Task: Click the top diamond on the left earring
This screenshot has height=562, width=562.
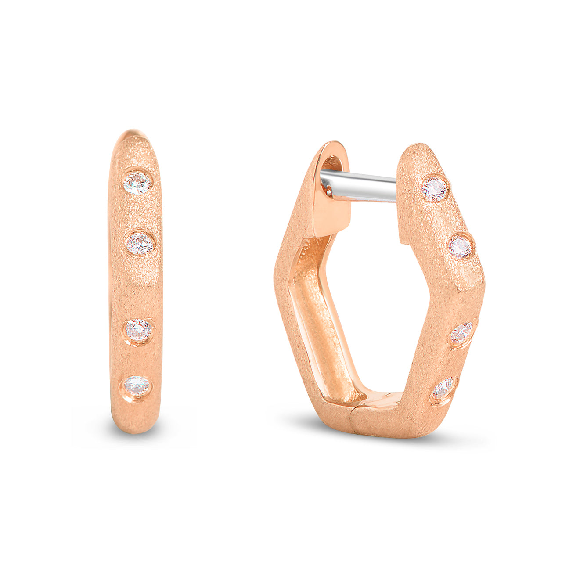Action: click(137, 183)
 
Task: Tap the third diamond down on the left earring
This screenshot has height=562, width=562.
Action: click(139, 330)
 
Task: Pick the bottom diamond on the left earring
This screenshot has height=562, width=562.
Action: click(137, 386)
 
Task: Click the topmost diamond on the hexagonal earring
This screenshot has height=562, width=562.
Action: click(435, 189)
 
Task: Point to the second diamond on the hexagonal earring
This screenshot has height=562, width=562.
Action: click(460, 247)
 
